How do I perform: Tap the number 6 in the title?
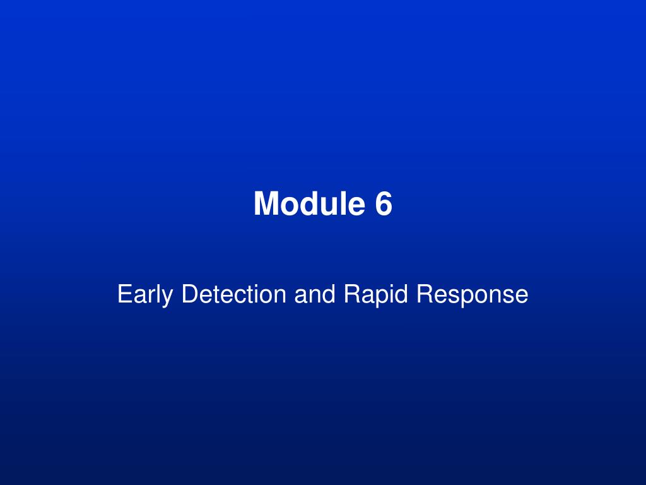coord(384,204)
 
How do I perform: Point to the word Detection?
coord(233,294)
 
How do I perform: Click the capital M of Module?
coord(266,204)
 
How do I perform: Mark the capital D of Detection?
coord(189,294)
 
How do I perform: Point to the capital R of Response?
coord(425,294)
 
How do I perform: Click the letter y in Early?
coord(170,297)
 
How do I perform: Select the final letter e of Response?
coord(521,296)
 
